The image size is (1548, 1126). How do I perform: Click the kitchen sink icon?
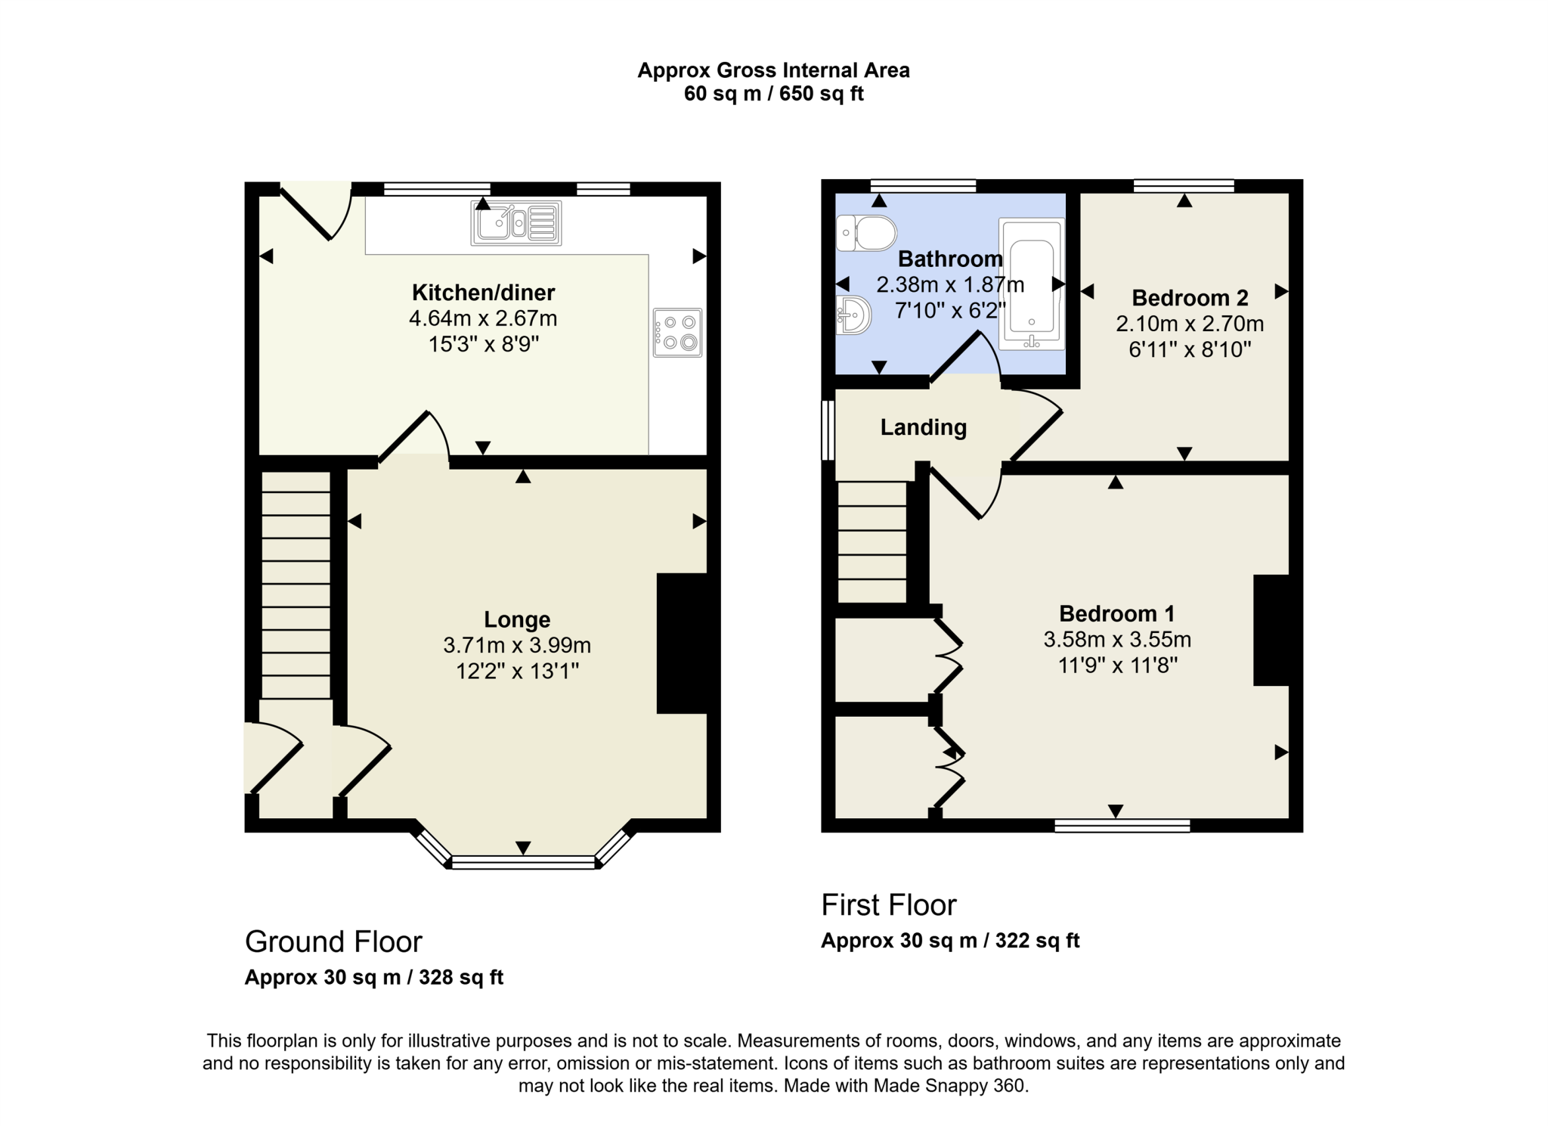[516, 223]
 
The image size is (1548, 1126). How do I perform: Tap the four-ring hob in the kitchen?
[677, 333]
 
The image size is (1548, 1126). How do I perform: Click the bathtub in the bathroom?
[1032, 284]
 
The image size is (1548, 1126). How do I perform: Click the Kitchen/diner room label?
[483, 293]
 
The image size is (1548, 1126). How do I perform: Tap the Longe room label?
[517, 619]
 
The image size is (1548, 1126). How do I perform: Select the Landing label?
[923, 427]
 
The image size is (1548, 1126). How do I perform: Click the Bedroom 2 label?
[1189, 298]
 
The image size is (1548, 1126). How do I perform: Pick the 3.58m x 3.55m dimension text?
[1117, 640]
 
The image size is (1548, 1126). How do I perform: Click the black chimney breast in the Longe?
[682, 644]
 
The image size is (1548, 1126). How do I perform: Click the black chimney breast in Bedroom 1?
[1271, 631]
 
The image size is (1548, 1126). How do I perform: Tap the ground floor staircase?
[296, 584]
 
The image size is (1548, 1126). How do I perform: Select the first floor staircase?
[872, 542]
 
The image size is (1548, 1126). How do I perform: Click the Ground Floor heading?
[333, 941]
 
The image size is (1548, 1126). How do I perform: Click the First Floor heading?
[889, 904]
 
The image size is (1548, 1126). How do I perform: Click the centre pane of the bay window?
[523, 862]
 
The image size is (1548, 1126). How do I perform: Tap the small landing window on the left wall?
[828, 430]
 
